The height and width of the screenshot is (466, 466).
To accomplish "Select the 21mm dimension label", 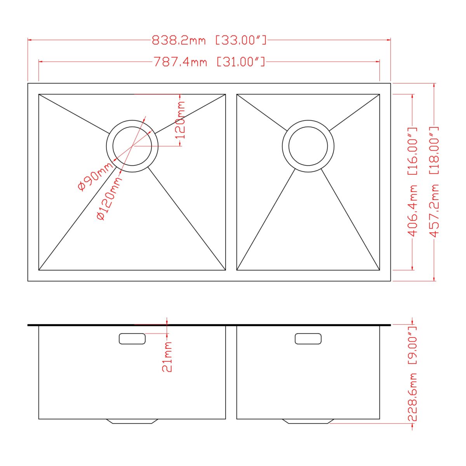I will point(167,357).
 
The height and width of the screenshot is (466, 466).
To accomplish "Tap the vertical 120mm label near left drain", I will point(180,120).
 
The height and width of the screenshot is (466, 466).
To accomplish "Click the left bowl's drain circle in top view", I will point(132,146).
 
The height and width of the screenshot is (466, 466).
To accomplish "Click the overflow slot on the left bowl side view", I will point(132,339).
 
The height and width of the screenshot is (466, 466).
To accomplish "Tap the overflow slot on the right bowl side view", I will point(308,339).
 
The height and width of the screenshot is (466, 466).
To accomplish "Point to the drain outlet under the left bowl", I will point(132,421).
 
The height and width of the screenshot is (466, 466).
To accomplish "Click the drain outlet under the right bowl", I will point(308,421).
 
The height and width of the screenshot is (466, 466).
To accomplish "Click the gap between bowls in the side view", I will point(231,373).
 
